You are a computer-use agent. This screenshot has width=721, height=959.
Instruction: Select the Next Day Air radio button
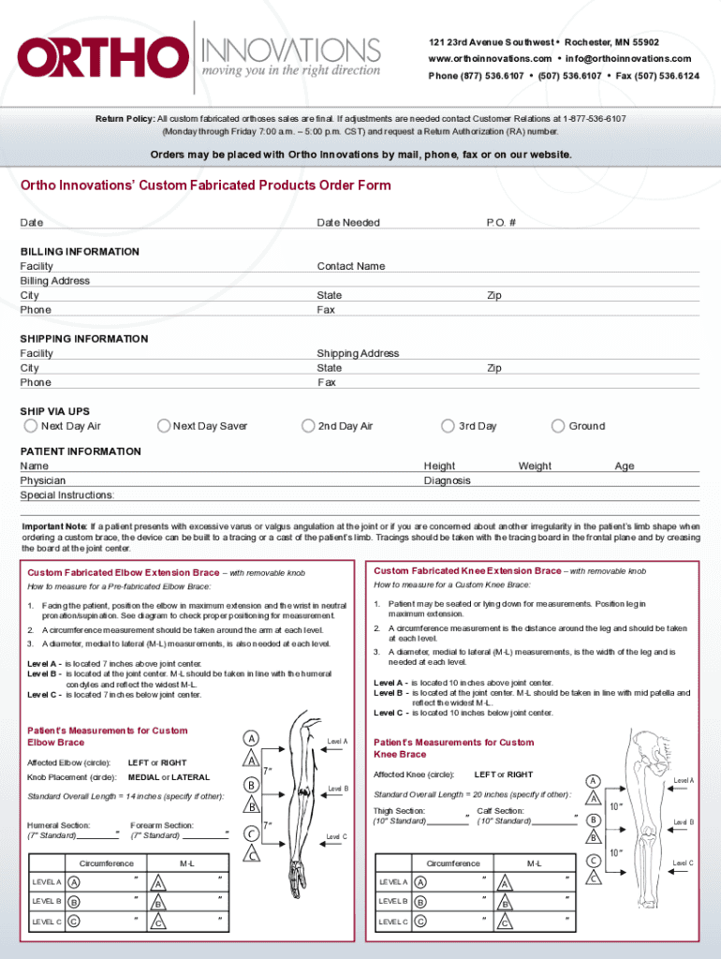point(31,426)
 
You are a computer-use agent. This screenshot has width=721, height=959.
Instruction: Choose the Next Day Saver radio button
point(164,426)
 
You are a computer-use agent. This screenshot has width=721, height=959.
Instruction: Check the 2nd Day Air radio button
point(308,426)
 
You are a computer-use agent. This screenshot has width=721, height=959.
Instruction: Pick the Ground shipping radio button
point(558,426)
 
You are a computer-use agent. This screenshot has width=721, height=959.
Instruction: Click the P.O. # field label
point(501,223)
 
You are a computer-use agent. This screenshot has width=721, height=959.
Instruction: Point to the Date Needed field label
point(348,223)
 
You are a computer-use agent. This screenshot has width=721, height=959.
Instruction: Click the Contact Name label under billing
point(351,266)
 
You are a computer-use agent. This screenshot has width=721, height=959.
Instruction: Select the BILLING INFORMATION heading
point(80,252)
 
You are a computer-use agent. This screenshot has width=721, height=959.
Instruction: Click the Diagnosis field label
point(447,480)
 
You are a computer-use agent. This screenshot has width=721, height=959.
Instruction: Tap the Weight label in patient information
point(535,465)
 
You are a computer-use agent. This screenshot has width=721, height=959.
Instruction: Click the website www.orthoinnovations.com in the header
point(490,59)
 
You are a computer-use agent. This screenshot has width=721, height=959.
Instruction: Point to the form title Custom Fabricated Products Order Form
point(206,185)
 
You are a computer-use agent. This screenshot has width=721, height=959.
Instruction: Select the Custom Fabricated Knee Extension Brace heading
point(467,570)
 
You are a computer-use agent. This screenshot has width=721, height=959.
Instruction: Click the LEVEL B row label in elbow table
point(47,902)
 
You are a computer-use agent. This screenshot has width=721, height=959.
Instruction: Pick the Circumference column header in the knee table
point(453,863)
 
